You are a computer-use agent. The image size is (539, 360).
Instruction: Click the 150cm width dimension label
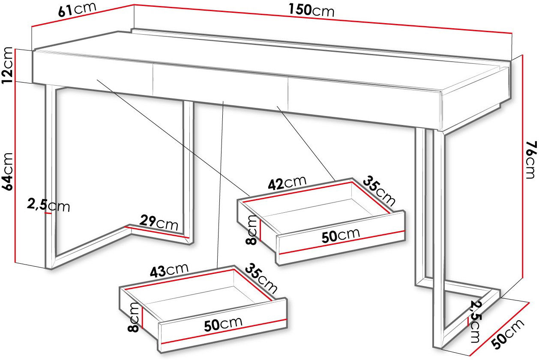tap(311, 11)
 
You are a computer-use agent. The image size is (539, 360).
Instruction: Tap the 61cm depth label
tap(77, 9)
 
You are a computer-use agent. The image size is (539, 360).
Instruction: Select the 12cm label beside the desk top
tap(7, 65)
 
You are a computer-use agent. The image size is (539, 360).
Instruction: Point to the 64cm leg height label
tap(7, 172)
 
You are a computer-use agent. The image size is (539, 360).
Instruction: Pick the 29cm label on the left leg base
tap(159, 223)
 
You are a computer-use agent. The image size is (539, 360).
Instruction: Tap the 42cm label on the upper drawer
tap(287, 183)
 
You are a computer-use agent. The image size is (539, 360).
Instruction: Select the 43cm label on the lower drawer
tap(169, 270)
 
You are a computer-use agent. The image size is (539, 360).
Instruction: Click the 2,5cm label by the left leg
tap(48, 205)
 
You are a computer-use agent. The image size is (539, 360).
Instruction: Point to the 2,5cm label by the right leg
tap(476, 322)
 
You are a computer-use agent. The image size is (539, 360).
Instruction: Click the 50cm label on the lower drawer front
tap(223, 324)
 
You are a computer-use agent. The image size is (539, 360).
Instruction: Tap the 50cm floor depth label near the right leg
tap(508, 334)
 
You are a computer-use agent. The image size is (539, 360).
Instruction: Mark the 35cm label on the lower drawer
tap(261, 279)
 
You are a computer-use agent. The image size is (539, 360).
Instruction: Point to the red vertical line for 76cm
tap(523, 167)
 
